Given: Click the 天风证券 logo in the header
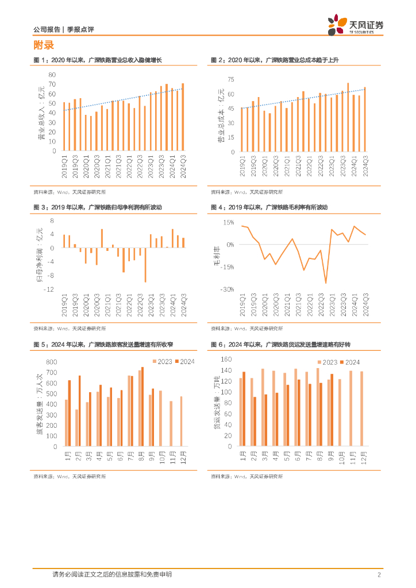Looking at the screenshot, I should (x=355, y=25).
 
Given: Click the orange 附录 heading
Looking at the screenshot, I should (x=43, y=45).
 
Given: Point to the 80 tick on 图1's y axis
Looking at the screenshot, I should (x=51, y=75).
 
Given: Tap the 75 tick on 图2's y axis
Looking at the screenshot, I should (x=230, y=79).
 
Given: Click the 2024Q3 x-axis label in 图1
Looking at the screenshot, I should (x=183, y=167).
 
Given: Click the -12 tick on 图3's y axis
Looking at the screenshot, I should (x=49, y=290).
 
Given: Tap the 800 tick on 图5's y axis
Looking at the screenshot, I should (x=52, y=362).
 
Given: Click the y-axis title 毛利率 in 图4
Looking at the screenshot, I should (x=217, y=257).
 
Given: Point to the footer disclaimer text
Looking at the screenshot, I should (x=111, y=575).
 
